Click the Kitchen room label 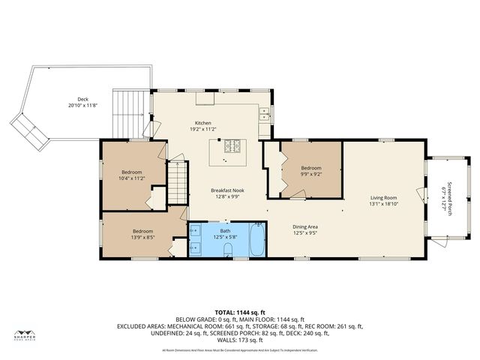[x=203, y=123]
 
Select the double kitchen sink [x=265, y=115]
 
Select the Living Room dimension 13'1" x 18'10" [x=382, y=204]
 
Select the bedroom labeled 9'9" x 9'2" [x=310, y=174]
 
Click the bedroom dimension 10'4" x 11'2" [x=131, y=178]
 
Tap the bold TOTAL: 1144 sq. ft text [x=240, y=312]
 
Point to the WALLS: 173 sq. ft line [x=240, y=341]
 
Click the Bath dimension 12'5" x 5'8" [x=225, y=237]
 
